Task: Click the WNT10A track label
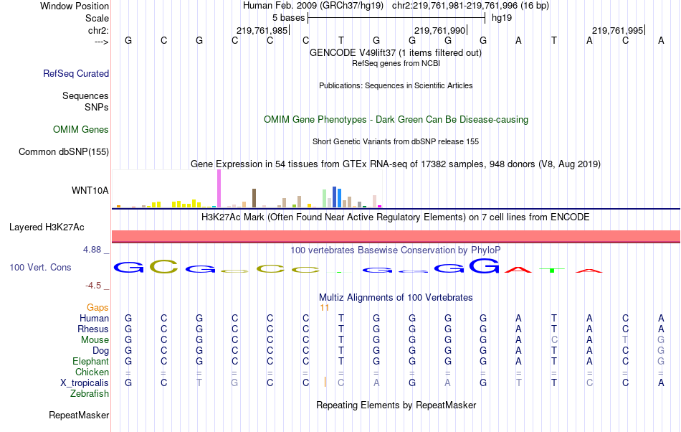pos(90,190)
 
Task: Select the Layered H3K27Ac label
pos(47,227)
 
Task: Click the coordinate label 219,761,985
pos(262,30)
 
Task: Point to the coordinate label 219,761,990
pos(440,30)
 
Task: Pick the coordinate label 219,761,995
pos(618,30)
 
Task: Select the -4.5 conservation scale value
pos(95,285)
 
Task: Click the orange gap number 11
pos(324,307)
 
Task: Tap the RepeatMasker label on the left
pos(79,415)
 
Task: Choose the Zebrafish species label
pos(90,393)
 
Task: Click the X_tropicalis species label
pos(85,382)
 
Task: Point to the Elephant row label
pos(90,361)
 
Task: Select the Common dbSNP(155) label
pos(64,151)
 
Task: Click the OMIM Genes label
pos(81,130)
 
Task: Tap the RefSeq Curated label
pos(76,73)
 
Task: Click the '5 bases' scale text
pos(289,17)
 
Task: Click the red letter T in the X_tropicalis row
pos(518,382)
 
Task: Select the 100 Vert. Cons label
pos(40,267)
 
